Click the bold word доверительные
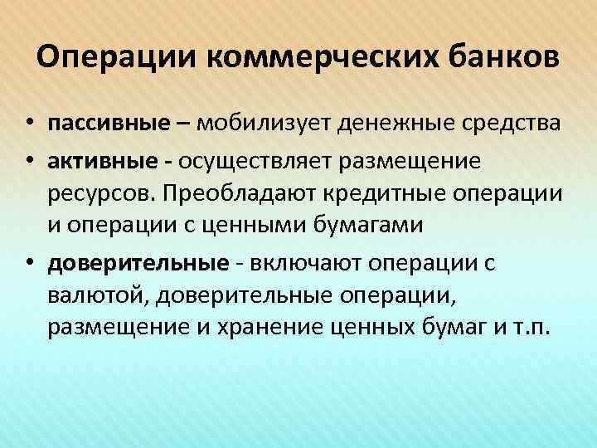[x=138, y=264]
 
